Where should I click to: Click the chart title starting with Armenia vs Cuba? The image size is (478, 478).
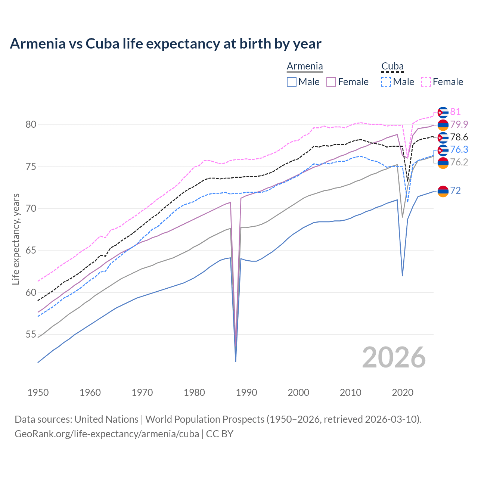pos(165,44)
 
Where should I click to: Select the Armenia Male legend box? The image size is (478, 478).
pos(292,82)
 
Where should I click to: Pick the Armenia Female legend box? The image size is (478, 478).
pos(332,82)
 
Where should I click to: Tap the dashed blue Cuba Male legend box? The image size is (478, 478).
pos(386,82)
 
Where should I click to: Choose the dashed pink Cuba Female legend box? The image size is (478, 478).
pos(426,82)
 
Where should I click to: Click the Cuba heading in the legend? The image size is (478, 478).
pos(392,66)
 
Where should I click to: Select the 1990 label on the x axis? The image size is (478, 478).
pos(246,392)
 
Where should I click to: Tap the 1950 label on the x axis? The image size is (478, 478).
pos(38,392)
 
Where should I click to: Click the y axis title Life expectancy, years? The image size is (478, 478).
pos(16,239)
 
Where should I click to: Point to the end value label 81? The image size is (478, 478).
pos(455,112)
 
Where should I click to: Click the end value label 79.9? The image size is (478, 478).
pos(459,124)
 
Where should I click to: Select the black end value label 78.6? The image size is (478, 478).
pos(459,137)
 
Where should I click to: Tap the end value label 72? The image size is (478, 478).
pos(455,191)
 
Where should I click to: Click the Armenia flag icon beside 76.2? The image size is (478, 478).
pos(443,163)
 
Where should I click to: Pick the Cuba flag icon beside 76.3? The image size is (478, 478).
pos(443,150)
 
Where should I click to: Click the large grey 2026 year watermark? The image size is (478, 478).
pos(394,357)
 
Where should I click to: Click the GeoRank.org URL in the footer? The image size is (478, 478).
pos(106,434)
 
